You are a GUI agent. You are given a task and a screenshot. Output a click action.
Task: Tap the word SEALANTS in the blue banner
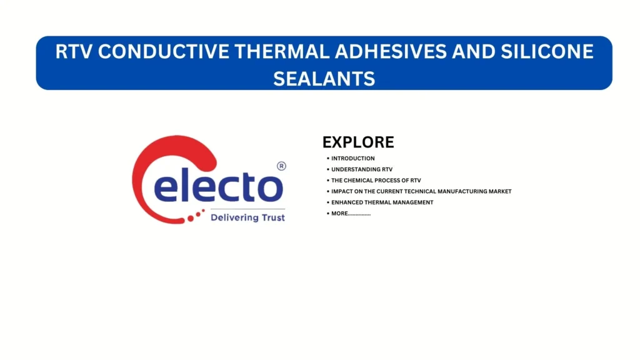pyautogui.click(x=324, y=79)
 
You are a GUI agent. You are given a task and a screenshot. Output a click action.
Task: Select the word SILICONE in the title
pyautogui.click(x=547, y=52)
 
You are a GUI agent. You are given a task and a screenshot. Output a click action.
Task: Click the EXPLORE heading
pyautogui.click(x=358, y=142)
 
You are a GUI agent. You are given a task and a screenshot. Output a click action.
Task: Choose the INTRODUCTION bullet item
pyautogui.click(x=352, y=158)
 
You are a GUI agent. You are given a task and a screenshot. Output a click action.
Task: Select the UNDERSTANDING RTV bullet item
pyautogui.click(x=362, y=169)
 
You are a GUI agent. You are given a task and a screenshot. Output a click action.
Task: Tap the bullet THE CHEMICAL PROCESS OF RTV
pyautogui.click(x=376, y=181)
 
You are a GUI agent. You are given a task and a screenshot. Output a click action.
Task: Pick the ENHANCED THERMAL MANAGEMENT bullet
pyautogui.click(x=382, y=202)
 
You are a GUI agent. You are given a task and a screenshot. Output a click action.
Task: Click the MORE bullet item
pyautogui.click(x=351, y=214)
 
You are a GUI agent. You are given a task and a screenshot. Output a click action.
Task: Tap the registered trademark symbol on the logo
pyautogui.click(x=282, y=166)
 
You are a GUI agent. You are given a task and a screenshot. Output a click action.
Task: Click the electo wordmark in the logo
pyautogui.click(x=219, y=186)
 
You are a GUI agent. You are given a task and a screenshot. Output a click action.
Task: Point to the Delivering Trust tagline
pyautogui.click(x=247, y=217)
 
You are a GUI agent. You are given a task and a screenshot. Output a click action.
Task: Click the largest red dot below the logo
pyautogui.click(x=191, y=219)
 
